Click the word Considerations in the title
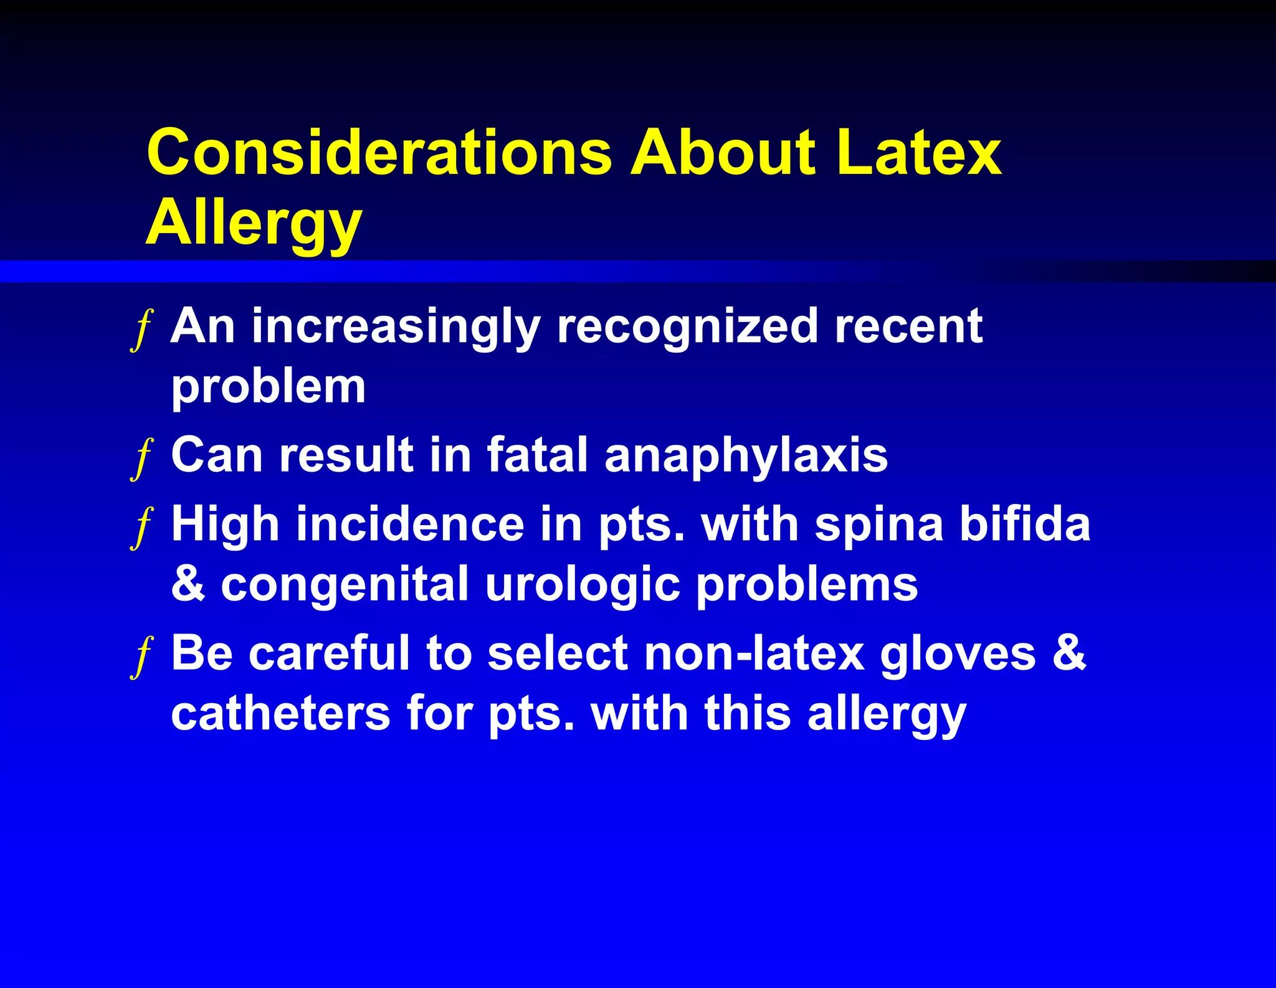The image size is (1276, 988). pyautogui.click(x=379, y=152)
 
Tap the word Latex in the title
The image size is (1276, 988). pyautogui.click(x=918, y=152)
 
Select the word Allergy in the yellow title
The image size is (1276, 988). pyautogui.click(x=254, y=224)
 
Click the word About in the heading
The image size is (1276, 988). pyautogui.click(x=723, y=152)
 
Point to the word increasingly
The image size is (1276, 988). pyautogui.click(x=396, y=328)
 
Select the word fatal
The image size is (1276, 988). pyautogui.click(x=537, y=455)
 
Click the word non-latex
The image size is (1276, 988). pyautogui.click(x=754, y=654)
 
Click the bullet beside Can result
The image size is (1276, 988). pyautogui.click(x=143, y=458)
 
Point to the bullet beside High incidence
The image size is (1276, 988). pyautogui.click(x=143, y=527)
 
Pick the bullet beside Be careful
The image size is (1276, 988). pyautogui.click(x=143, y=657)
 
